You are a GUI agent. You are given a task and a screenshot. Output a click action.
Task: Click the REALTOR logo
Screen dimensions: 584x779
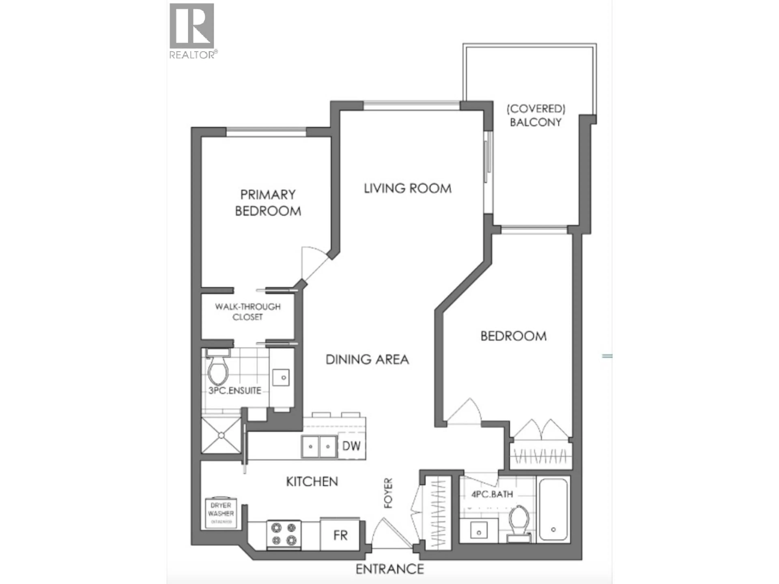(x=192, y=30)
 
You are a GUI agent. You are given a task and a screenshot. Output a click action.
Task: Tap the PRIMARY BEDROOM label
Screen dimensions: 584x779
(x=268, y=203)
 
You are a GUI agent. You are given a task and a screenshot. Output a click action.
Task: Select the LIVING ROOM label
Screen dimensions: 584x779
(x=408, y=189)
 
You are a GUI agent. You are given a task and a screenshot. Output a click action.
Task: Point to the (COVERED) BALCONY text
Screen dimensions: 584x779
(x=536, y=115)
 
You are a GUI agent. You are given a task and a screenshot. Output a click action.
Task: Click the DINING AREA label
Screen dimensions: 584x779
(x=367, y=359)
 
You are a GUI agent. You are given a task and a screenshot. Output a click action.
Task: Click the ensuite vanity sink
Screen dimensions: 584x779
(x=281, y=378)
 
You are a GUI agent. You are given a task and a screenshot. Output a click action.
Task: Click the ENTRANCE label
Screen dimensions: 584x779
(x=389, y=569)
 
